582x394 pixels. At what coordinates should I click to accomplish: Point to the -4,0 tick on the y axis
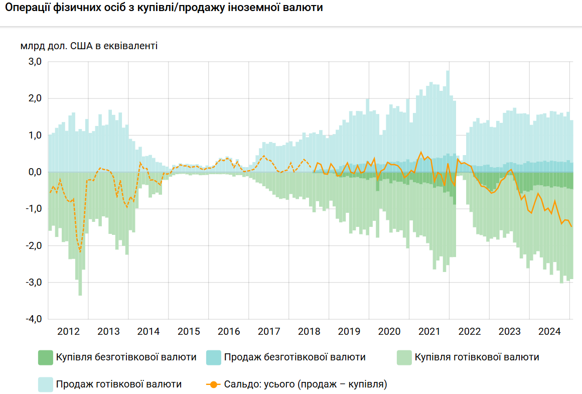click(33, 319)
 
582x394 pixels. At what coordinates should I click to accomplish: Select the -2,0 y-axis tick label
click(33, 246)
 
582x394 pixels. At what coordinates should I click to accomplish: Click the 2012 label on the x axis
click(68, 332)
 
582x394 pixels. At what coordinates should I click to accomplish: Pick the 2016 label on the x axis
click(229, 332)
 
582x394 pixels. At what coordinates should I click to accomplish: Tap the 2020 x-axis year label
click(389, 332)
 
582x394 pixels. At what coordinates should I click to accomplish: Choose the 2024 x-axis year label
click(549, 332)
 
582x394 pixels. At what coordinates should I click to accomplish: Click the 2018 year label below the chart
click(309, 332)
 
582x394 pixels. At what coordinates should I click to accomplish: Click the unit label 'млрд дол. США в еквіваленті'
click(89, 46)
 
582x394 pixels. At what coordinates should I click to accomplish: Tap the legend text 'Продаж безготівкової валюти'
click(295, 357)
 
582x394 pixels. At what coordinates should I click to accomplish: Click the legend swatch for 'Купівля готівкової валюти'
click(404, 357)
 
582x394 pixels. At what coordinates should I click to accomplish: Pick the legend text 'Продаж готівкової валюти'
click(119, 384)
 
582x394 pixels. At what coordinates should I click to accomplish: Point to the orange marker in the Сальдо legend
click(214, 384)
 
